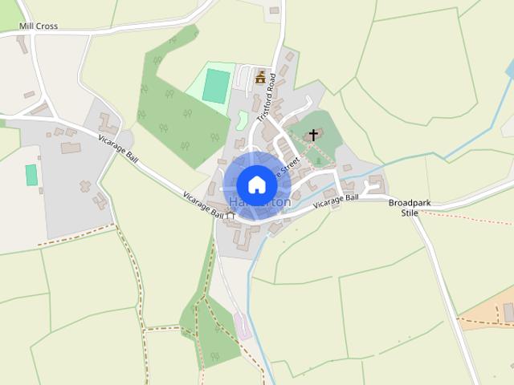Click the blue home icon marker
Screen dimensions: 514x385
pyautogui.click(x=256, y=184)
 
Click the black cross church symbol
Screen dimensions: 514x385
pyautogui.click(x=313, y=136)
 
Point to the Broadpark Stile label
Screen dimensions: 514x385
pyautogui.click(x=410, y=209)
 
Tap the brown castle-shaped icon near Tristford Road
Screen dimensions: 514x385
pyautogui.click(x=260, y=77)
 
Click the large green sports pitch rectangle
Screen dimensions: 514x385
pyautogui.click(x=214, y=86)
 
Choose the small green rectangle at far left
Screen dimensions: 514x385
pyautogui.click(x=31, y=175)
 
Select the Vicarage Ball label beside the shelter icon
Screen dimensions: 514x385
pyautogui.click(x=202, y=205)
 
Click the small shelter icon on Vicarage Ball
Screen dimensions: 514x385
pyautogui.click(x=230, y=215)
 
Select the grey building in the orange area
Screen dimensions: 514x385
pyautogui.click(x=508, y=312)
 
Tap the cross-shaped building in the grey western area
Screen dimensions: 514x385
pyautogui.click(x=84, y=186)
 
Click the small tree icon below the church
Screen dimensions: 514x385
pyautogui.click(x=318, y=160)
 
